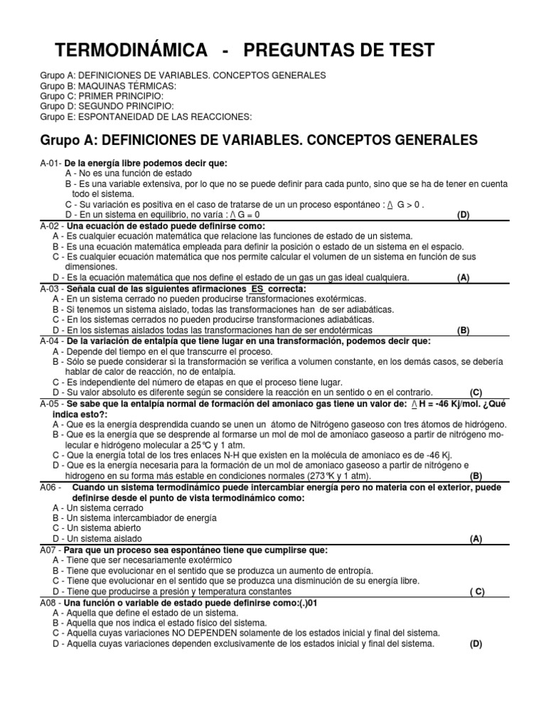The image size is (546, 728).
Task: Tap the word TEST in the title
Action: [x=408, y=50]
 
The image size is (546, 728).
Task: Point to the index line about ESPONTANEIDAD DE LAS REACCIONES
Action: [x=146, y=117]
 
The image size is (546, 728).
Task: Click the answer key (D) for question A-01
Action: [x=464, y=215]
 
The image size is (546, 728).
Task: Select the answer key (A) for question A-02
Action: [x=464, y=278]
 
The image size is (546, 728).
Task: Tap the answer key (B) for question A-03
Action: [x=464, y=330]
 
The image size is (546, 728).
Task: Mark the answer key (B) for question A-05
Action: [x=476, y=476]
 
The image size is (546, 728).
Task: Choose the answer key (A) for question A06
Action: [x=476, y=539]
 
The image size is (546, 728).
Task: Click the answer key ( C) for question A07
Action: [x=476, y=591]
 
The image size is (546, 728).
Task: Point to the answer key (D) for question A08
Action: [x=476, y=644]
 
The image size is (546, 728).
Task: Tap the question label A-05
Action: [x=50, y=403]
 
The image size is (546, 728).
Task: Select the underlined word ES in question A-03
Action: [x=257, y=289]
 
